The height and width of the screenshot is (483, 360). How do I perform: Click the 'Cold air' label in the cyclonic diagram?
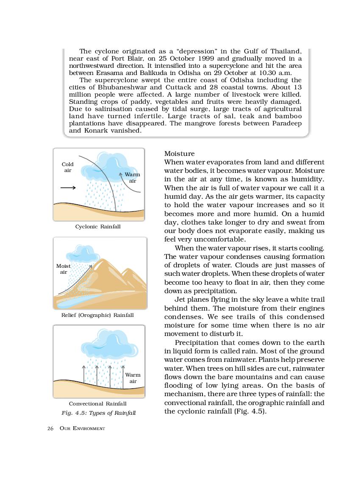tap(68, 167)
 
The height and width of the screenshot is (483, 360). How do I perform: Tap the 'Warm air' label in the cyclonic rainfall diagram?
tap(132, 178)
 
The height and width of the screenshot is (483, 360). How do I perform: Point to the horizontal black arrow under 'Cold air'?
tap(68, 188)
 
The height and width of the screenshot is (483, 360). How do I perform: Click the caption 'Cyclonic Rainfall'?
tap(98, 227)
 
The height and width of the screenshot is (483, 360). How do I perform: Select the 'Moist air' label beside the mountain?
tap(64, 269)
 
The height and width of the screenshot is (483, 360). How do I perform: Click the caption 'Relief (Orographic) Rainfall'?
tap(97, 315)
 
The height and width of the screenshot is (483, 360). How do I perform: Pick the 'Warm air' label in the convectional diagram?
tap(133, 378)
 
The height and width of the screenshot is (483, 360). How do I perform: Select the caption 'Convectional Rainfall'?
tap(97, 404)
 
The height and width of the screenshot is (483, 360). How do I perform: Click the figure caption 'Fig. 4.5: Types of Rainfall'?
tap(98, 413)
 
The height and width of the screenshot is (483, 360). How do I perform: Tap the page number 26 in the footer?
tap(50, 428)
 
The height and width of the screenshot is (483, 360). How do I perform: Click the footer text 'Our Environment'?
tap(82, 428)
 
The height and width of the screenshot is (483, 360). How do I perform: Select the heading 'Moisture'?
tap(179, 153)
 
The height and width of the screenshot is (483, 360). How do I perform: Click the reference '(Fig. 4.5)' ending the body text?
tap(250, 411)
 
